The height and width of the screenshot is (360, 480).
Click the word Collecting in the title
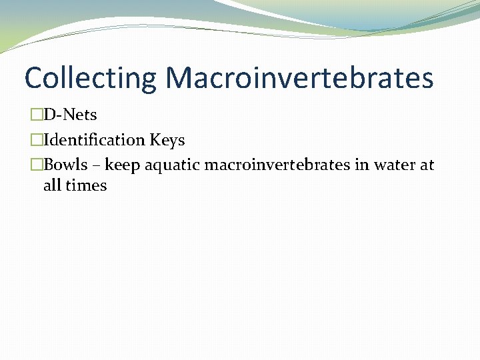point(90,77)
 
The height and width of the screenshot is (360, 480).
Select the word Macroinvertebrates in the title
point(299,77)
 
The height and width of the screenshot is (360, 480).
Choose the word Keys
point(167,140)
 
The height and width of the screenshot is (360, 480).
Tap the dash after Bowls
point(96,165)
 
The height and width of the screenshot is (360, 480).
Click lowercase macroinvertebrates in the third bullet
point(277,165)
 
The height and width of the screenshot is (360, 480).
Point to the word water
point(395,165)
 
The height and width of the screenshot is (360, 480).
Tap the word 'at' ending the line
point(427,165)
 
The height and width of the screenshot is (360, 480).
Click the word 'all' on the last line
point(52,185)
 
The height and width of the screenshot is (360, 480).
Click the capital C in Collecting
point(33,77)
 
